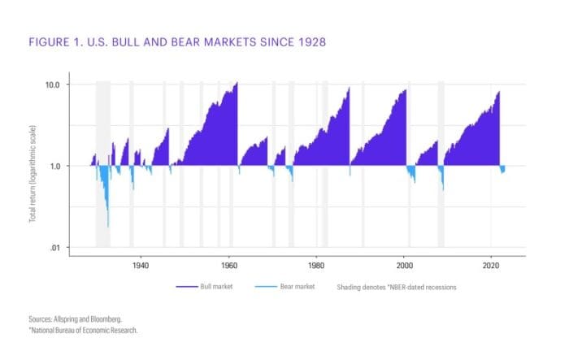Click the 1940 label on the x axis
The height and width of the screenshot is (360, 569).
click(x=141, y=266)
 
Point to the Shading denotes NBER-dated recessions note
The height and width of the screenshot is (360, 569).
click(x=393, y=287)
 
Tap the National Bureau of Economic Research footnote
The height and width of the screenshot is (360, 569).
click(x=85, y=331)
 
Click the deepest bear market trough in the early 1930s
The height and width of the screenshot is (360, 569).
click(x=108, y=227)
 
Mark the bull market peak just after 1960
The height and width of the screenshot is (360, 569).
click(x=237, y=83)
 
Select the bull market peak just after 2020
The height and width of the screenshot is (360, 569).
click(x=498, y=91)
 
